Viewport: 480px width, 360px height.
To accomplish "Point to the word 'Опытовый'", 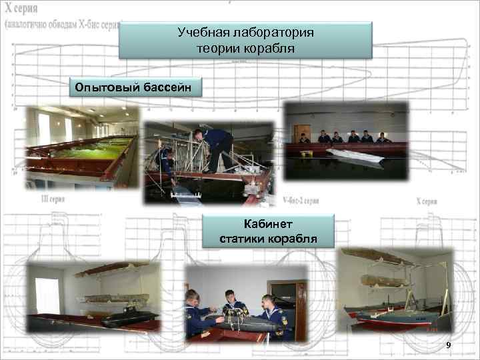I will point(105,87).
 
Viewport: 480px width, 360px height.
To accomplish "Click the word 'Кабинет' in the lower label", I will point(268,225).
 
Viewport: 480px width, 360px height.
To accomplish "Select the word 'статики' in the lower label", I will point(243,239).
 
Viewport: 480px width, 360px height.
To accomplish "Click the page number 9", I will point(448,345).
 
